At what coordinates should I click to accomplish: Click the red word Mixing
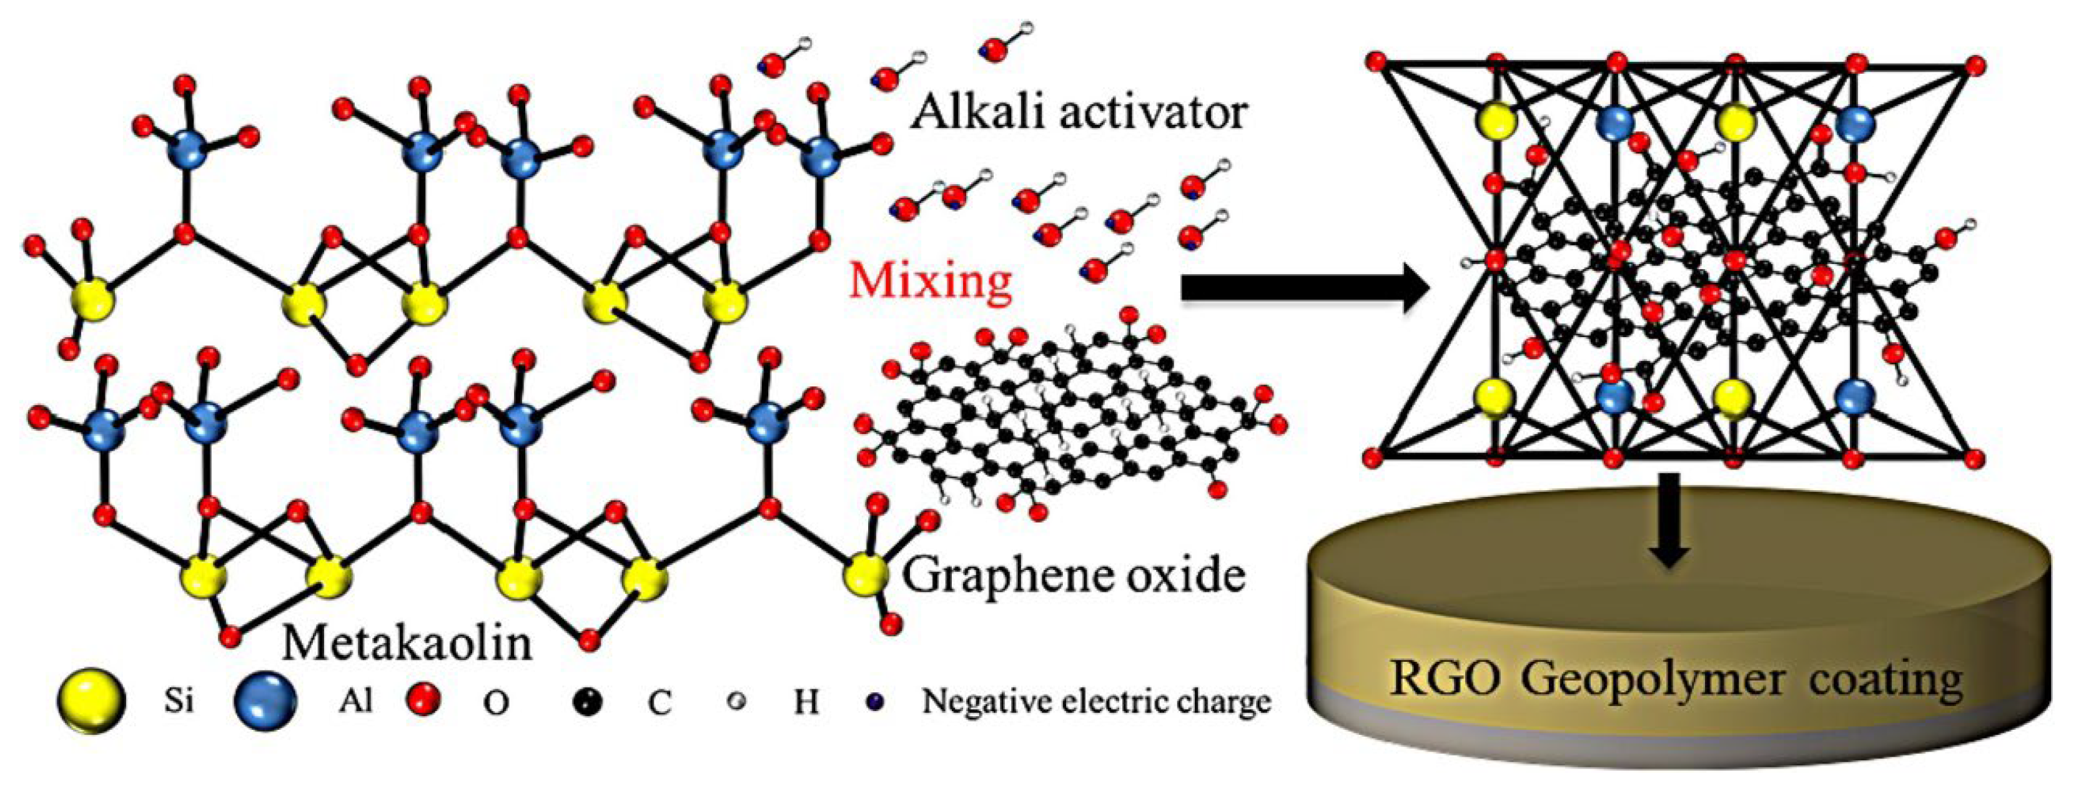pyautogui.click(x=930, y=281)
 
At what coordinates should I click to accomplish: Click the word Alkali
pyautogui.click(x=977, y=111)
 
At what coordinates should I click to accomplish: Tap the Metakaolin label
pyautogui.click(x=407, y=644)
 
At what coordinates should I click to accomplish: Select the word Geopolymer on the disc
pyautogui.click(x=1653, y=680)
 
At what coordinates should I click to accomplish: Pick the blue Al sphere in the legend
pyautogui.click(x=265, y=700)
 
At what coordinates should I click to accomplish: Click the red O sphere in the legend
pyautogui.click(x=425, y=699)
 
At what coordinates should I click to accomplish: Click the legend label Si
pyautogui.click(x=179, y=700)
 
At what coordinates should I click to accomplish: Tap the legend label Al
pyautogui.click(x=355, y=700)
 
